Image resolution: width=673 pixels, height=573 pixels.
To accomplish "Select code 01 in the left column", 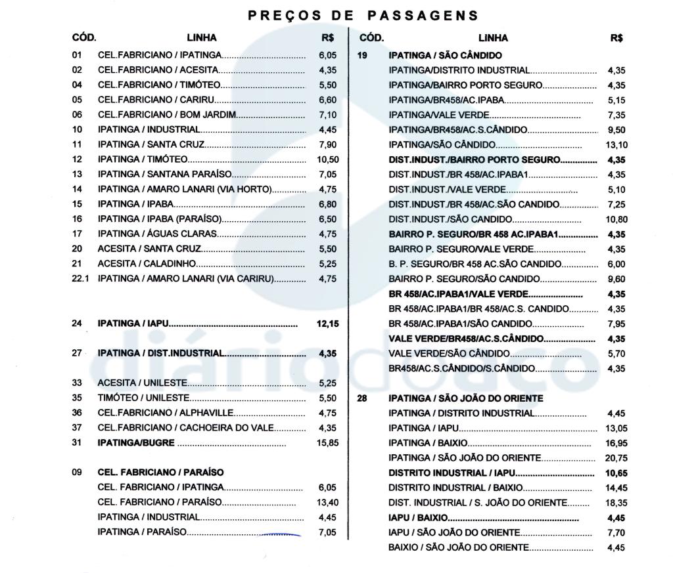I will coord(78,56).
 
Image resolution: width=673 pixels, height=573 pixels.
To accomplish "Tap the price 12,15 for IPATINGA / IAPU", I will coord(327,324).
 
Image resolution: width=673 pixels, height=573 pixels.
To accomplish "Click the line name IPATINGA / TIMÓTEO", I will coord(143,159).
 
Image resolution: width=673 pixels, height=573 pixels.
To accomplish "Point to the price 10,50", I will coord(327,159).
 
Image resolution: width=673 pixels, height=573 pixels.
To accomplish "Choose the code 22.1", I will coord(80,278).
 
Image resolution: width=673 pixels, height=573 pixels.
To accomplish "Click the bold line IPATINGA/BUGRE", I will coord(136,443).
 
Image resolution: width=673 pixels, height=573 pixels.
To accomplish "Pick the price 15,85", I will coord(327,443).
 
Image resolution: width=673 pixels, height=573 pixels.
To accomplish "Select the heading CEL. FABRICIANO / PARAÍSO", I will coord(161,473).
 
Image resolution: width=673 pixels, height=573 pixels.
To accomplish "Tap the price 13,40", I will coord(327,503).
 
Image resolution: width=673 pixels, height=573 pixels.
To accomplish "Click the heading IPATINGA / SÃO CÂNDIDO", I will coord(445,56).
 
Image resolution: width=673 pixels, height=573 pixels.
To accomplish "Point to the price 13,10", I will coord(616,145).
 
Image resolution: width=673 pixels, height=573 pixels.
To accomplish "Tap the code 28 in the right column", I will coord(362,398).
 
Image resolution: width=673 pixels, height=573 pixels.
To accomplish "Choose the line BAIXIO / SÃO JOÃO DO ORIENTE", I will coord(458,548).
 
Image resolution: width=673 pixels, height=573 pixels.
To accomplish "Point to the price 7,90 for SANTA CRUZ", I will coord(327,145).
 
